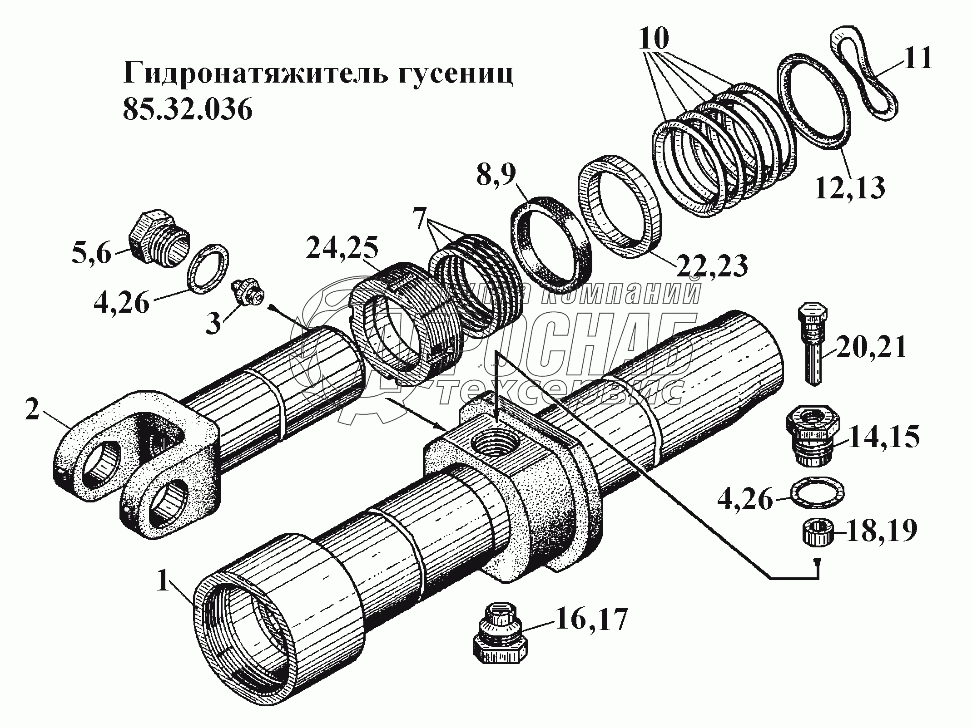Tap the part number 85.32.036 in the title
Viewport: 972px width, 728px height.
click(187, 109)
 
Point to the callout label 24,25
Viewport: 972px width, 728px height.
click(342, 248)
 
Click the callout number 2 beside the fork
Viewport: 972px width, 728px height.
click(32, 410)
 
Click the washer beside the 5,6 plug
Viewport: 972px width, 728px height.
click(208, 268)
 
